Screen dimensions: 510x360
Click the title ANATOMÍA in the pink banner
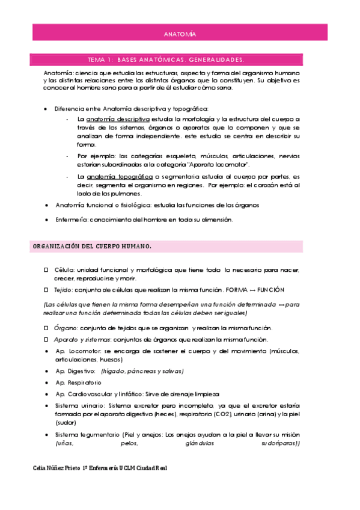point(180,35)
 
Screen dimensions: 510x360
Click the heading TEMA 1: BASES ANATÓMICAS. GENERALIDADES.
point(165,60)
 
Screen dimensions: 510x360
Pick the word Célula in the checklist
point(65,270)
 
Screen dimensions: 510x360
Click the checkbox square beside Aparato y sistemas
point(46,339)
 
